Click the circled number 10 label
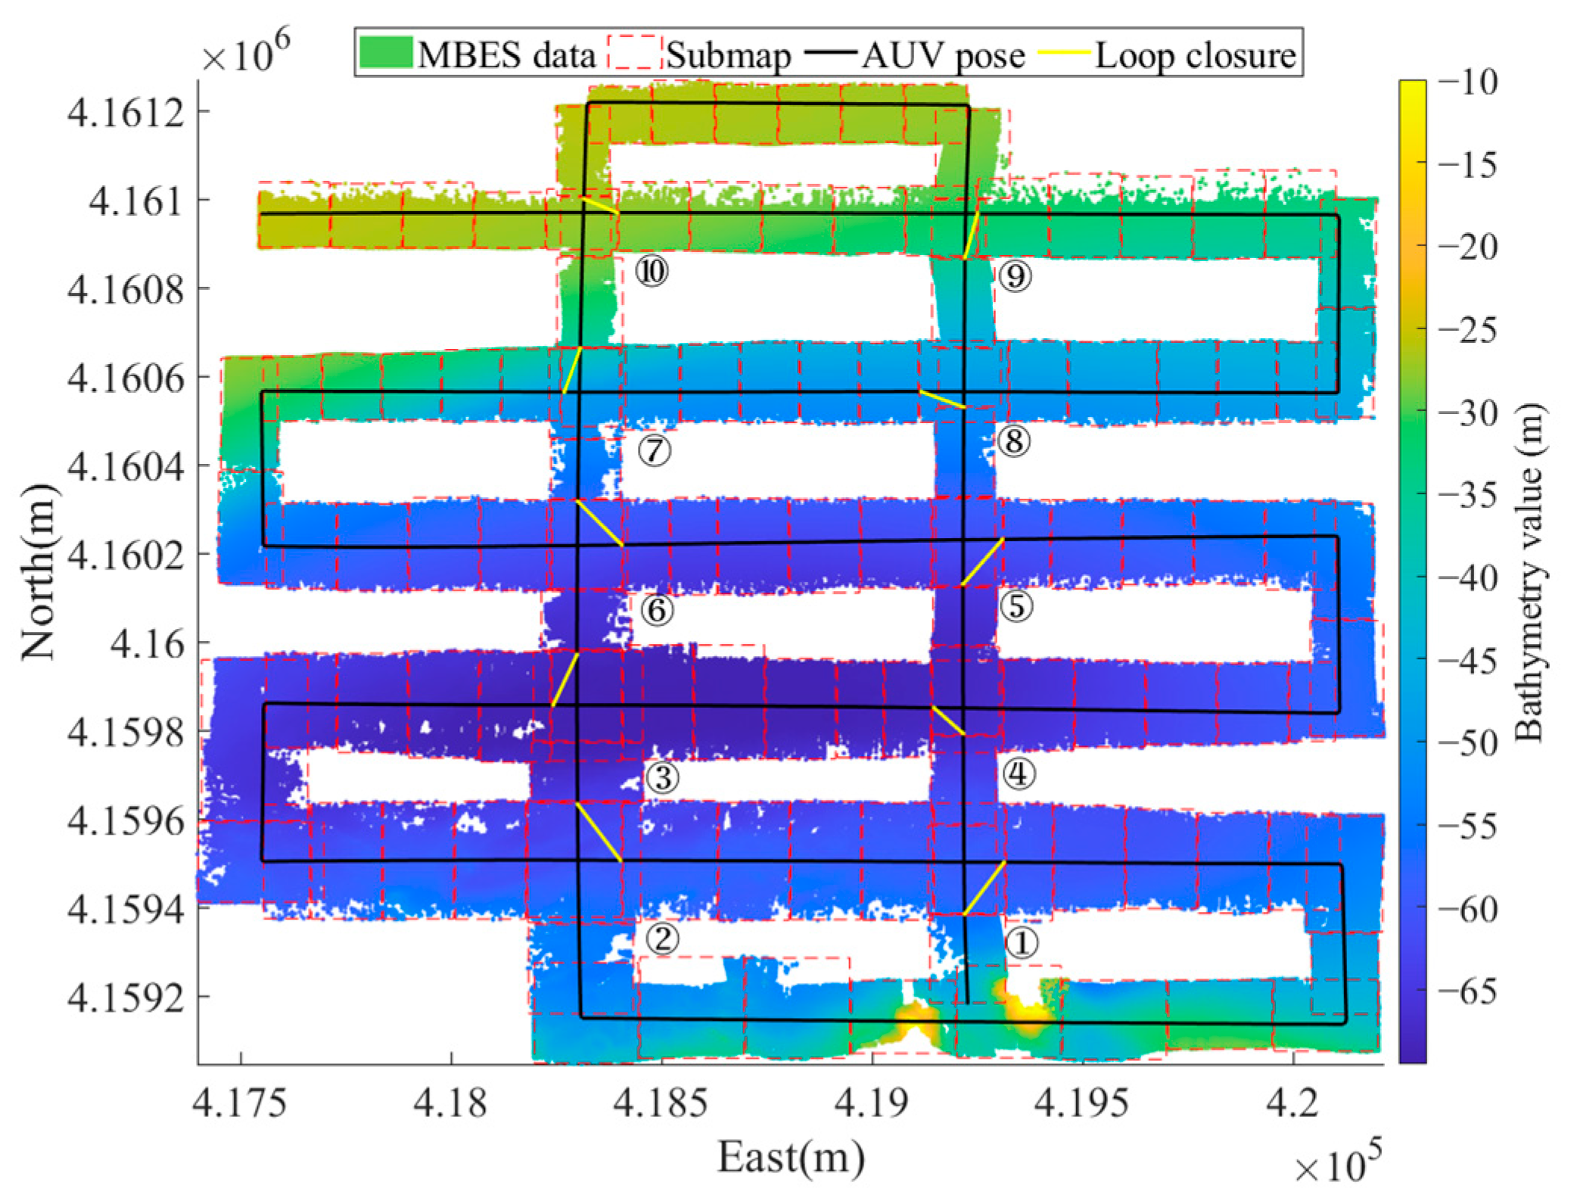[651, 271]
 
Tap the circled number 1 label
[1022, 943]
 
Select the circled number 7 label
[654, 450]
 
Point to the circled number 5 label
[1016, 606]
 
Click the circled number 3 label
[662, 777]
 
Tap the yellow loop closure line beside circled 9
[971, 235]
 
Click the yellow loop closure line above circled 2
[599, 832]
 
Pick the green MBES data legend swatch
[386, 53]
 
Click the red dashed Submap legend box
[634, 53]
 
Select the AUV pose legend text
[943, 55]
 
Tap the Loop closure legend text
[1196, 55]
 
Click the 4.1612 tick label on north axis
[126, 113]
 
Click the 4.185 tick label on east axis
[661, 1103]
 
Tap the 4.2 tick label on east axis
[1293, 1103]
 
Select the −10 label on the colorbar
[1467, 82]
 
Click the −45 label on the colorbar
[1467, 661]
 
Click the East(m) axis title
[790, 1156]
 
